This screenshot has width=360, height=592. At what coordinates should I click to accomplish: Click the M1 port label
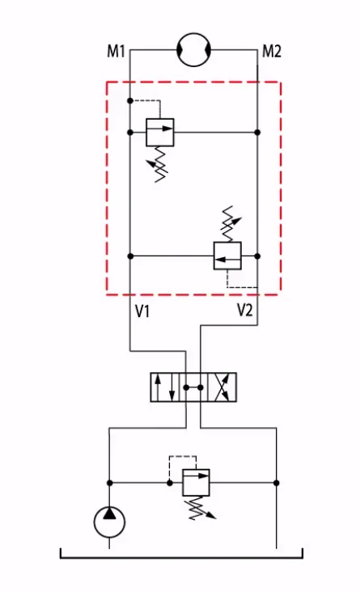116,51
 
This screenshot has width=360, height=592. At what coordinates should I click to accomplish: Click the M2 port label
272,51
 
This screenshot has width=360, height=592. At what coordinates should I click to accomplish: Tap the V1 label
142,311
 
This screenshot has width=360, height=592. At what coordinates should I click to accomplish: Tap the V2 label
245,311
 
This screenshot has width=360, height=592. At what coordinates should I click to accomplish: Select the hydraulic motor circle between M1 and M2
194,49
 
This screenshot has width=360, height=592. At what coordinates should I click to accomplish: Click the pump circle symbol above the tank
109,522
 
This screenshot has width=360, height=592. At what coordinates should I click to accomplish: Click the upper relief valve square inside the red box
160,132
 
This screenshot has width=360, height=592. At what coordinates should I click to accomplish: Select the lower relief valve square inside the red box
227,256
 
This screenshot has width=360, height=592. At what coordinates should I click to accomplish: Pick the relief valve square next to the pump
196,483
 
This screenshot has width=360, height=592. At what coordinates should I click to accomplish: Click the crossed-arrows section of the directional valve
222,387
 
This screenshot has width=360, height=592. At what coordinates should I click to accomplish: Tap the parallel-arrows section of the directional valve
165,387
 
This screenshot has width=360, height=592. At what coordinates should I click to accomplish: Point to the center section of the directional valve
193,387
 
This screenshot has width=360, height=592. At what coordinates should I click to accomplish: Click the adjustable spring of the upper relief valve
159,164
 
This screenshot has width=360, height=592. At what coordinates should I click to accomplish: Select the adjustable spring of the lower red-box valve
230,223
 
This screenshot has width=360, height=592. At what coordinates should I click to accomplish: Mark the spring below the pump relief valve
199,508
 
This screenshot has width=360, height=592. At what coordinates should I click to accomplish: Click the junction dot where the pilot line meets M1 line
130,101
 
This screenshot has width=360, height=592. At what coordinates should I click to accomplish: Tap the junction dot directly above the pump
109,483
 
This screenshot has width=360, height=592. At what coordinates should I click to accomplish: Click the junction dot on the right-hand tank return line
276,483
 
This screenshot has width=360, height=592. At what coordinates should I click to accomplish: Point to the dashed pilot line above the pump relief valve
183,456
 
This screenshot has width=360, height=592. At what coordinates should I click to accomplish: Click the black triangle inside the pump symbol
109,514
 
